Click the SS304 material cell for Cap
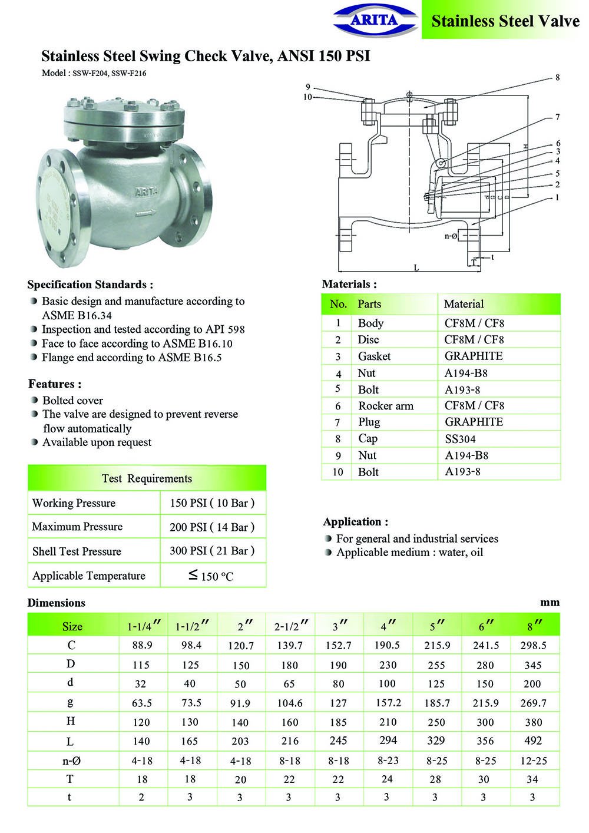460,439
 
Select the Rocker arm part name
386,406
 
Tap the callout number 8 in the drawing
557,78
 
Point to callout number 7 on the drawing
557,117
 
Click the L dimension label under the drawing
416,268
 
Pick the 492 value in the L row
532,741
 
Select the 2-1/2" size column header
291,626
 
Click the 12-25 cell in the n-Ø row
533,761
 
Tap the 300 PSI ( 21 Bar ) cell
212,551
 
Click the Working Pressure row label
74,503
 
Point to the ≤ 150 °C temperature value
211,576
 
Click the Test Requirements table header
147,478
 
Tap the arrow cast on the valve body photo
145,212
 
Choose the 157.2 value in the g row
388,703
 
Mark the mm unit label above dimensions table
550,603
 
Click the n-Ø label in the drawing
451,236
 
